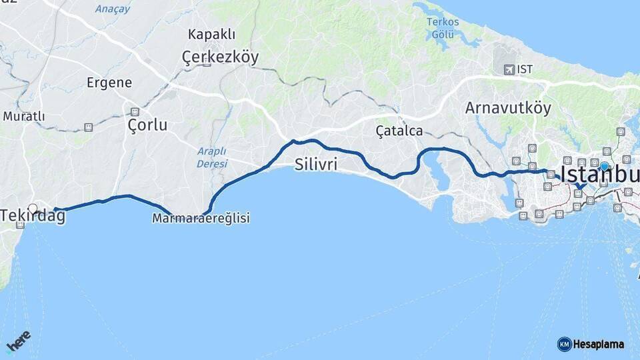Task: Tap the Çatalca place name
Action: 399,131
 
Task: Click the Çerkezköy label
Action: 220,58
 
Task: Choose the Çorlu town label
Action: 147,125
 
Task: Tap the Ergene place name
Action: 109,83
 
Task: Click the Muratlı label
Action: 24,117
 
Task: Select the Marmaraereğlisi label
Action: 201,218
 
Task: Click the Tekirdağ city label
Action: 33,216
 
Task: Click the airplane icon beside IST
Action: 510,69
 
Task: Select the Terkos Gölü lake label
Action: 443,27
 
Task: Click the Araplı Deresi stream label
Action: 212,157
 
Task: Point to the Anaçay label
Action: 113,9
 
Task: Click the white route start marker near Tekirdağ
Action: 33,208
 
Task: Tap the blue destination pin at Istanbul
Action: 604,167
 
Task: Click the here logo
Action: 19,341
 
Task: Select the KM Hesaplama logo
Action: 591,344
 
